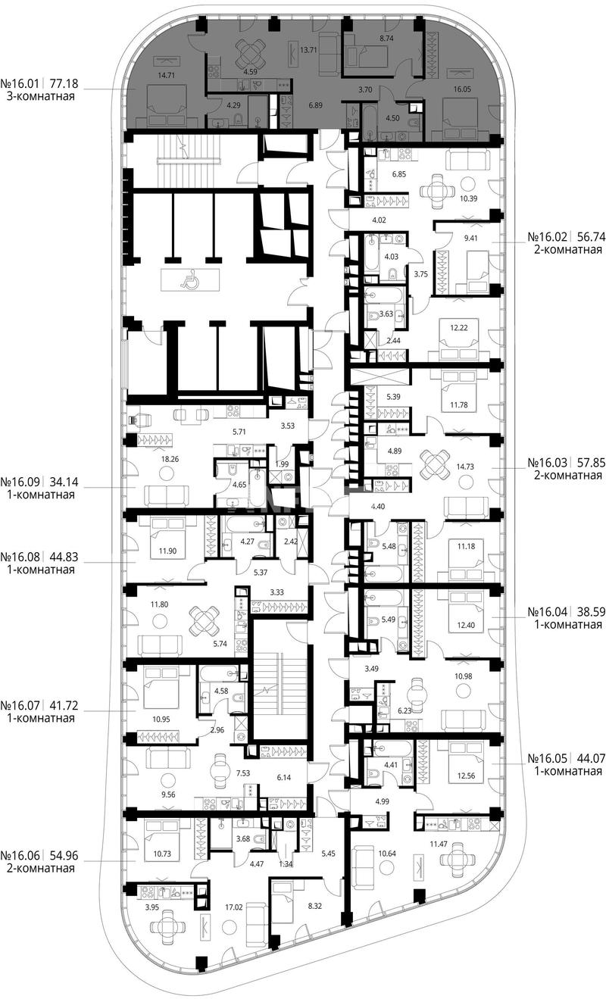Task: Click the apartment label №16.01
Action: point(20,83)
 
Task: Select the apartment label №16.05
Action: point(548,758)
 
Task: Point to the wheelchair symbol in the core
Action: point(187,280)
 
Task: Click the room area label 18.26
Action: point(170,459)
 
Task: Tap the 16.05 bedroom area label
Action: point(462,89)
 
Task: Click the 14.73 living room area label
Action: point(464,467)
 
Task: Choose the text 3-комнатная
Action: point(41,96)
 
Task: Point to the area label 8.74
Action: point(386,39)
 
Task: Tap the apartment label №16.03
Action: point(548,462)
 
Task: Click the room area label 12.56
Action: point(466,776)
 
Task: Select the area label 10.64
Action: point(387,854)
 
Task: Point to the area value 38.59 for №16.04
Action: point(592,611)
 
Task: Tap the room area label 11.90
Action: point(167,551)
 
